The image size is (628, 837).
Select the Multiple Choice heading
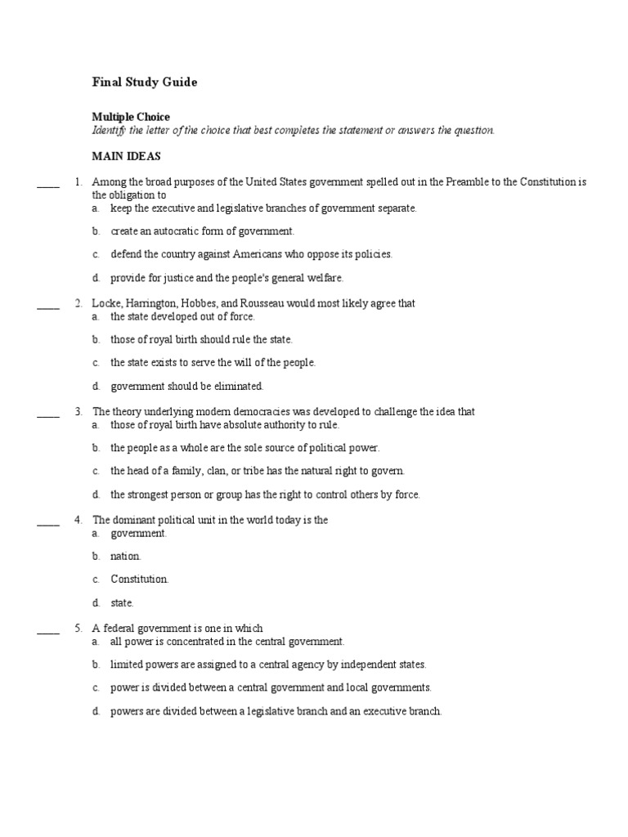pos(131,117)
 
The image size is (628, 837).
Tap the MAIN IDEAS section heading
pos(126,155)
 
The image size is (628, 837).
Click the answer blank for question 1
pos(48,187)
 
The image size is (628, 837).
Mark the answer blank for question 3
pos(48,417)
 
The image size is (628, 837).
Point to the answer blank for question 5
pos(48,633)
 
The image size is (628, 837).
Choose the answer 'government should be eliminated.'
pos(187,386)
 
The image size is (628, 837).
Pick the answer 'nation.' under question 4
pos(126,556)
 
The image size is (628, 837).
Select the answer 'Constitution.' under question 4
pos(140,579)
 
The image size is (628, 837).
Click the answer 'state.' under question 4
pos(122,602)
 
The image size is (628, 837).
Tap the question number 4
pos(78,520)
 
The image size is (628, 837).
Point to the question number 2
pos(78,303)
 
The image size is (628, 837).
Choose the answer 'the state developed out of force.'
pos(182,316)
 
